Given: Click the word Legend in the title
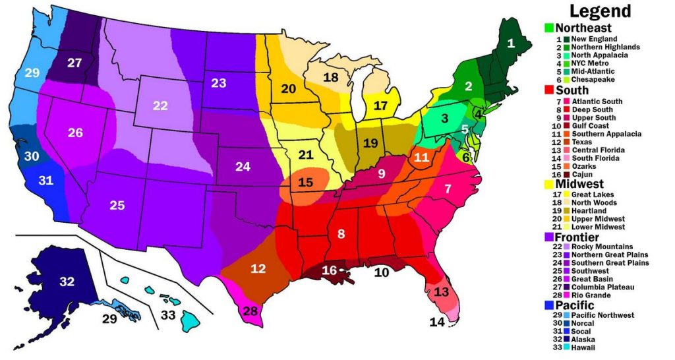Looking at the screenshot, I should [600, 11].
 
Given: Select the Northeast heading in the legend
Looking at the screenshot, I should [583, 28].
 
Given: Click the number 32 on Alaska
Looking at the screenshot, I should [67, 282].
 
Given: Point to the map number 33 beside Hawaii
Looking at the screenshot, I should [168, 315].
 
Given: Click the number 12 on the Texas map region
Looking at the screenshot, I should [258, 268].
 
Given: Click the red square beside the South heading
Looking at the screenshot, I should [548, 90].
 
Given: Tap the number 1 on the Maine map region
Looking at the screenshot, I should [510, 44].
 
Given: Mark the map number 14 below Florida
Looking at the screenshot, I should [436, 322].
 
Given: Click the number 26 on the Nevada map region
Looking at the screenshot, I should [75, 133].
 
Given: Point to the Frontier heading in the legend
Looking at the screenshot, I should [577, 237].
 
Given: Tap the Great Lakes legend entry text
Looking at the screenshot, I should [593, 194].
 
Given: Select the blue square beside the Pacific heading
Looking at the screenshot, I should [548, 305].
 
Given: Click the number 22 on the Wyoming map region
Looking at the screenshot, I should [160, 105].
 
